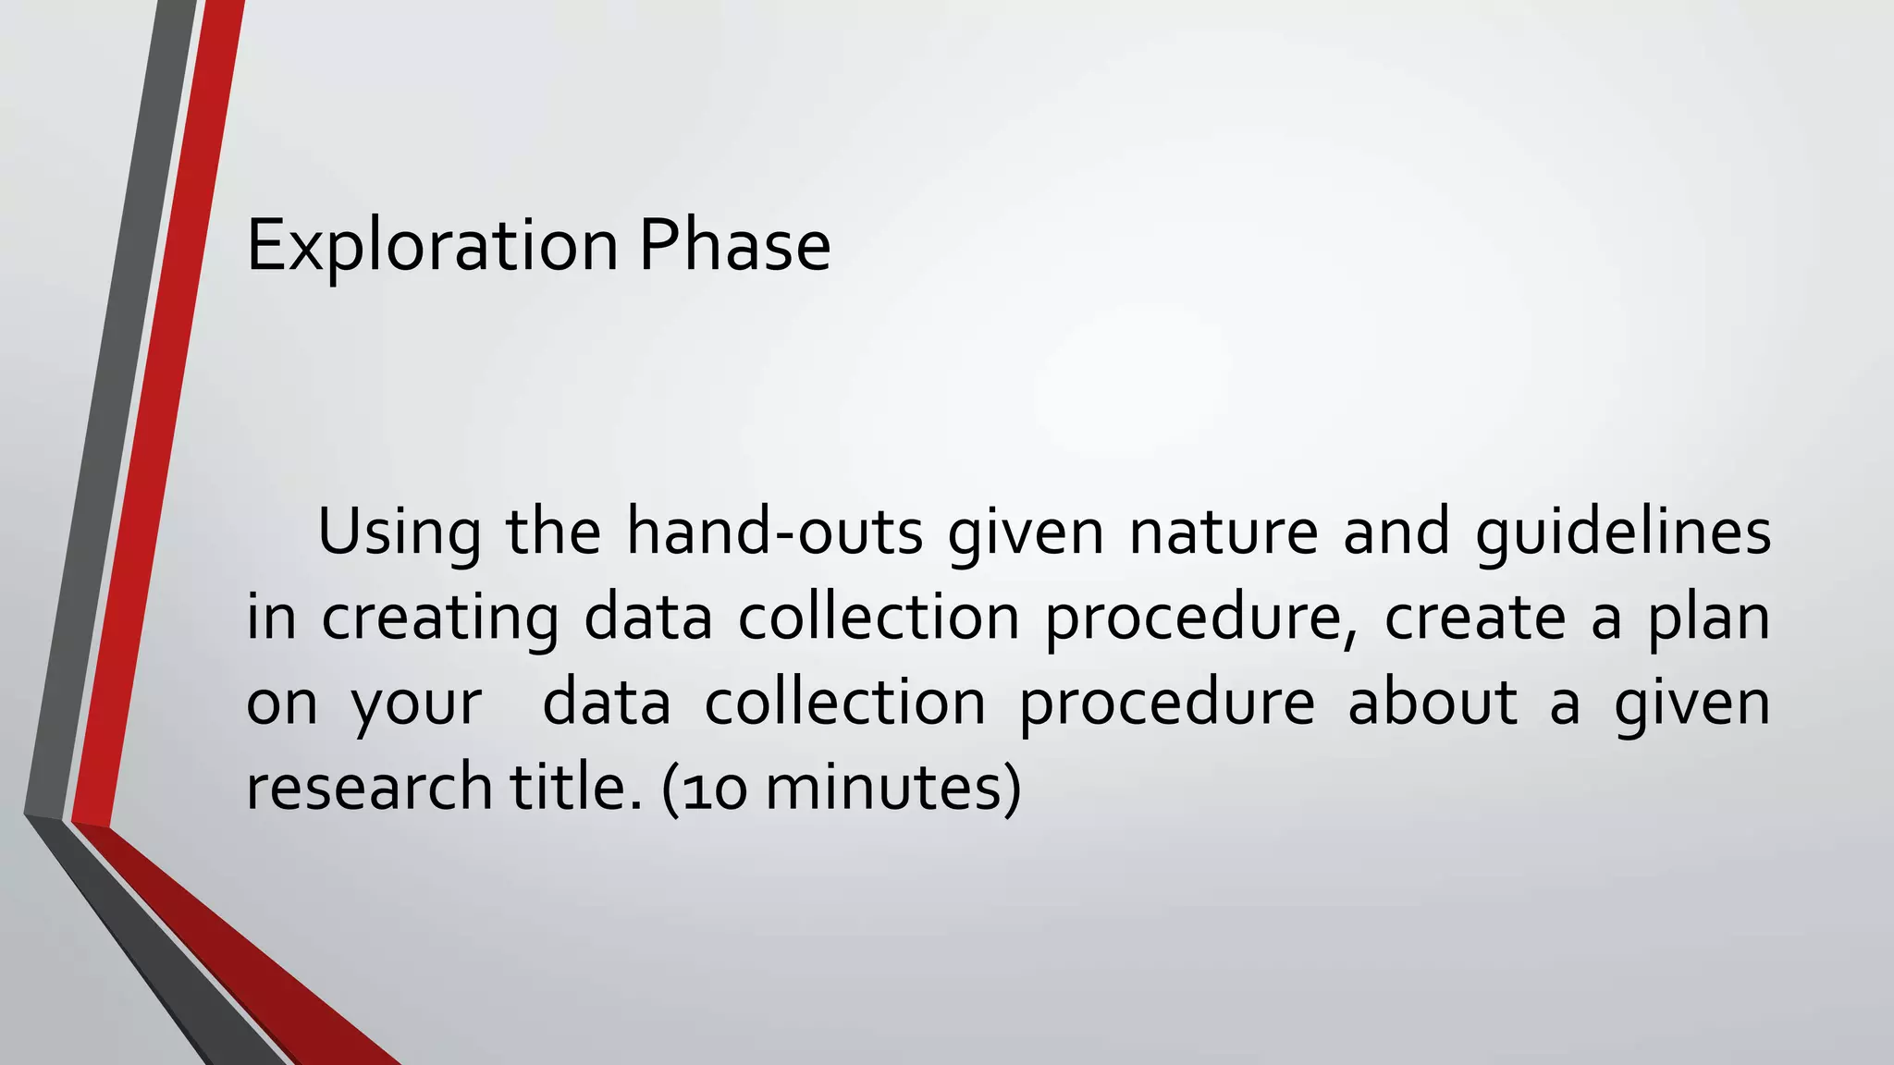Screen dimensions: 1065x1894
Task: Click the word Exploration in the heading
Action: (432, 246)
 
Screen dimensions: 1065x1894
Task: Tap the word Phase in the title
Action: (735, 246)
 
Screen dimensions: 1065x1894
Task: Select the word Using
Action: (399, 532)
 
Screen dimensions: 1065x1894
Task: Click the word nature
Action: (1223, 532)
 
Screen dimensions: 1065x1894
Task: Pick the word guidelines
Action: (1622, 532)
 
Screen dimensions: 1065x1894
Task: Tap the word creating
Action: (439, 618)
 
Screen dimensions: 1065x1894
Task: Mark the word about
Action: (1432, 703)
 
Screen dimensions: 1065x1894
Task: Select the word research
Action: (368, 788)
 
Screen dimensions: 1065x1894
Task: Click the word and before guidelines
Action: (1396, 532)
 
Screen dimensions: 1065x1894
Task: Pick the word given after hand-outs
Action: (1026, 532)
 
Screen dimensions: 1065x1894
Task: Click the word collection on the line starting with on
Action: (845, 703)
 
